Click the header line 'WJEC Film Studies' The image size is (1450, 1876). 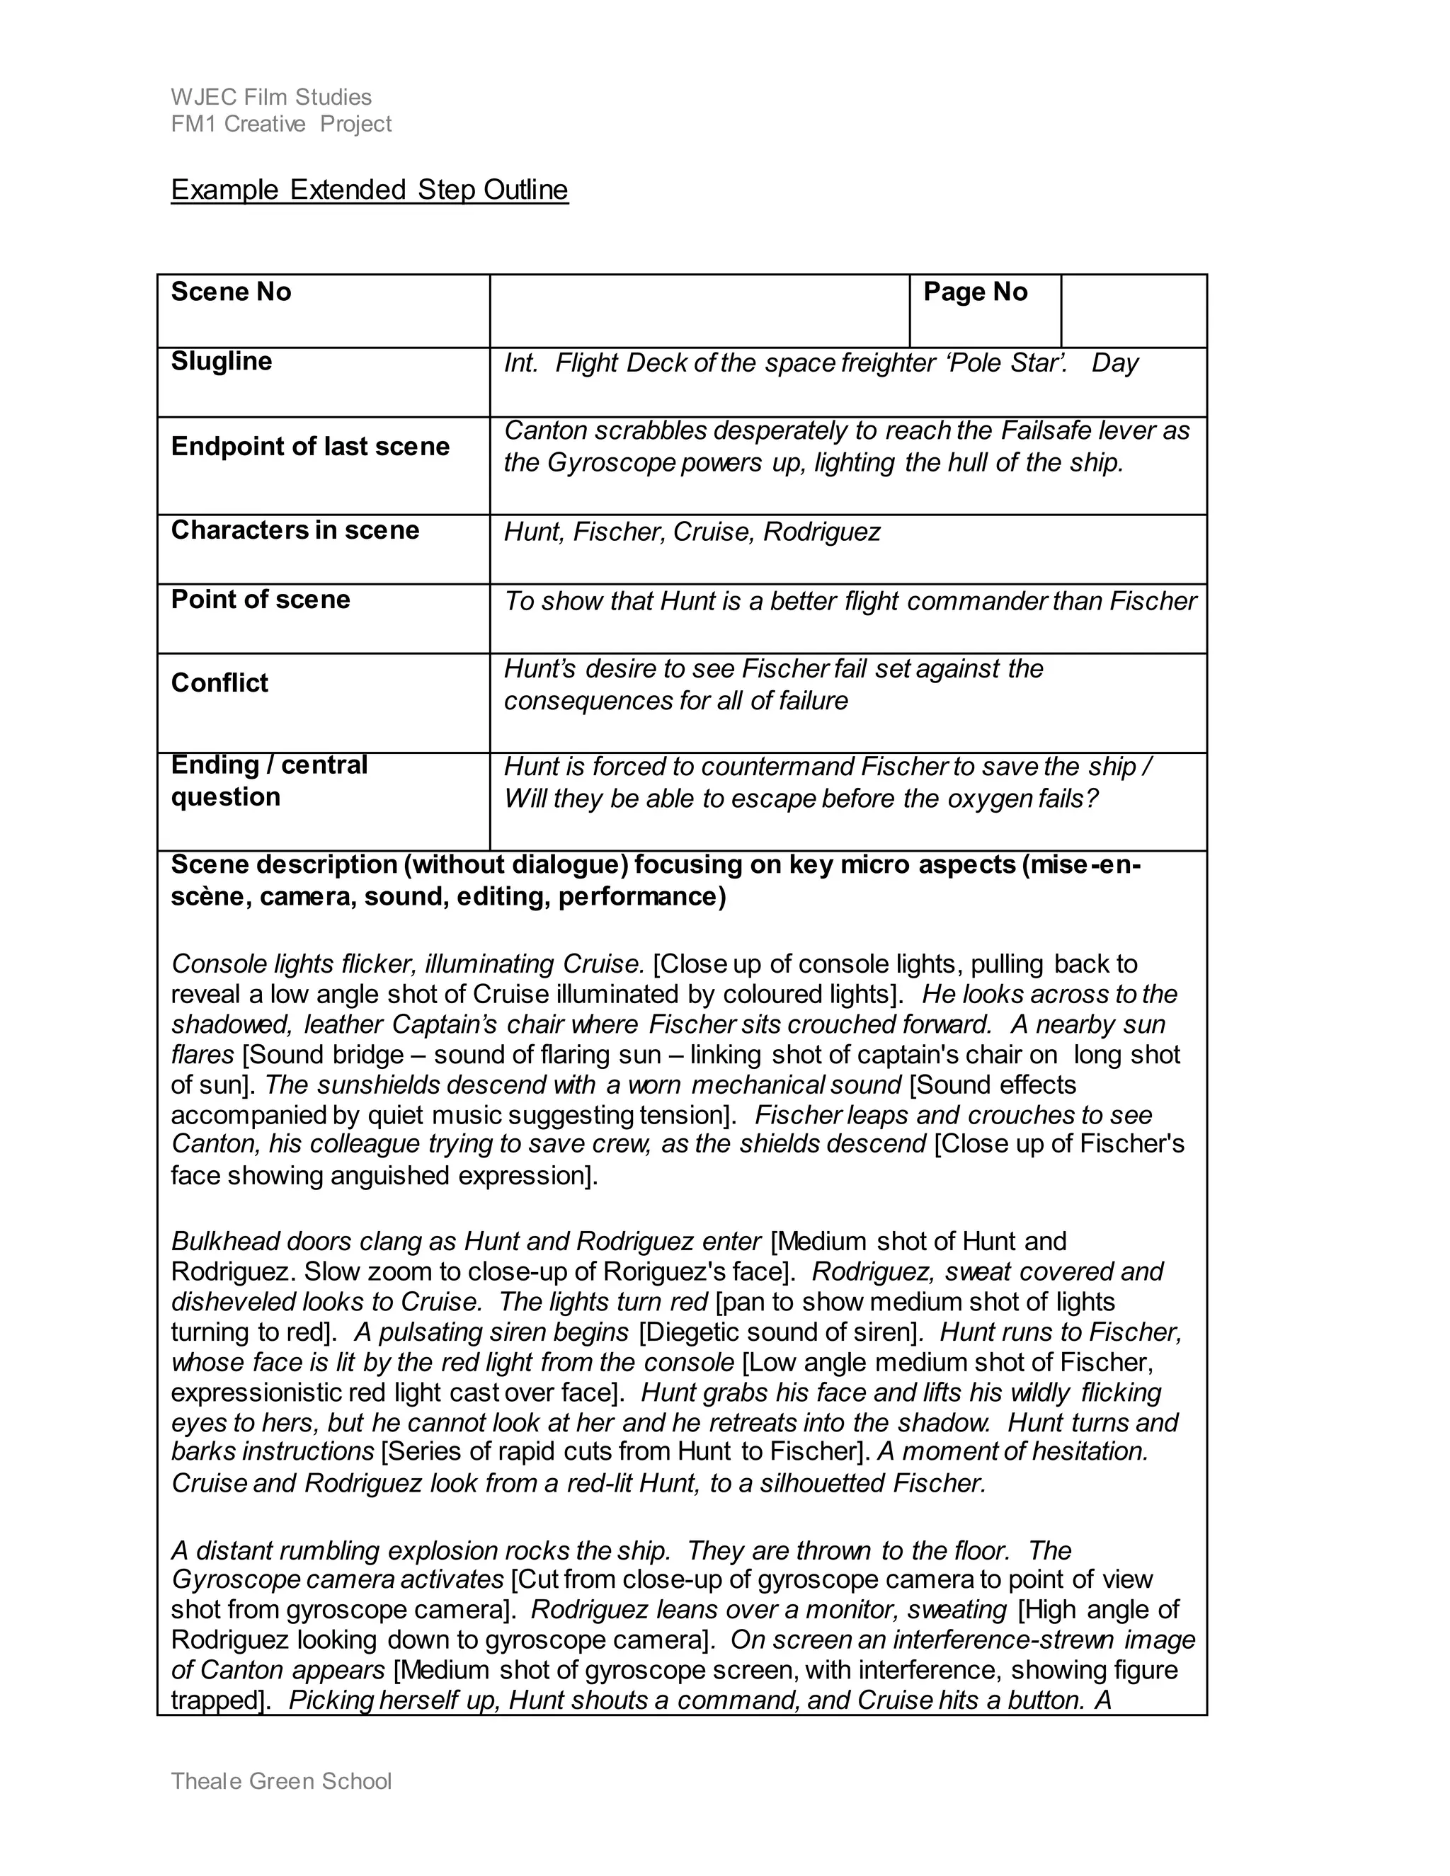click(x=271, y=97)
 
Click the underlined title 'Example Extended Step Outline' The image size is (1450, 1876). click(x=370, y=190)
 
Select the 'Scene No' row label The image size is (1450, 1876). click(x=231, y=292)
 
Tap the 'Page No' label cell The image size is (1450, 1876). click(x=975, y=292)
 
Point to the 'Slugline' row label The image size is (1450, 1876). click(x=222, y=361)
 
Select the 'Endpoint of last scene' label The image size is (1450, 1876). click(x=310, y=447)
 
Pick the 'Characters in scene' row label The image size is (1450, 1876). click(x=295, y=530)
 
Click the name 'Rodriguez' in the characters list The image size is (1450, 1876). click(x=822, y=532)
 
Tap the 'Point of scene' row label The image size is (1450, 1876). click(x=261, y=600)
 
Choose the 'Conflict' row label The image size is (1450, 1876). click(x=220, y=683)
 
